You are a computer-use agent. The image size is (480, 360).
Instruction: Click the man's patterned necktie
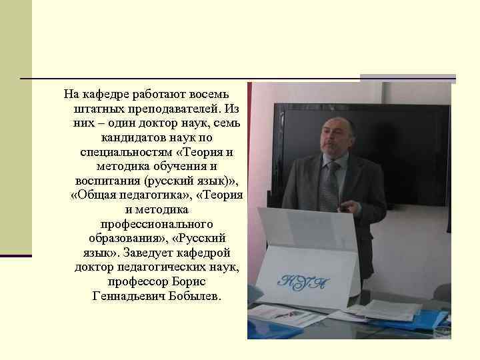click(329, 183)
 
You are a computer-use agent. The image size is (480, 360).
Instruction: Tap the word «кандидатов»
click(133, 137)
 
